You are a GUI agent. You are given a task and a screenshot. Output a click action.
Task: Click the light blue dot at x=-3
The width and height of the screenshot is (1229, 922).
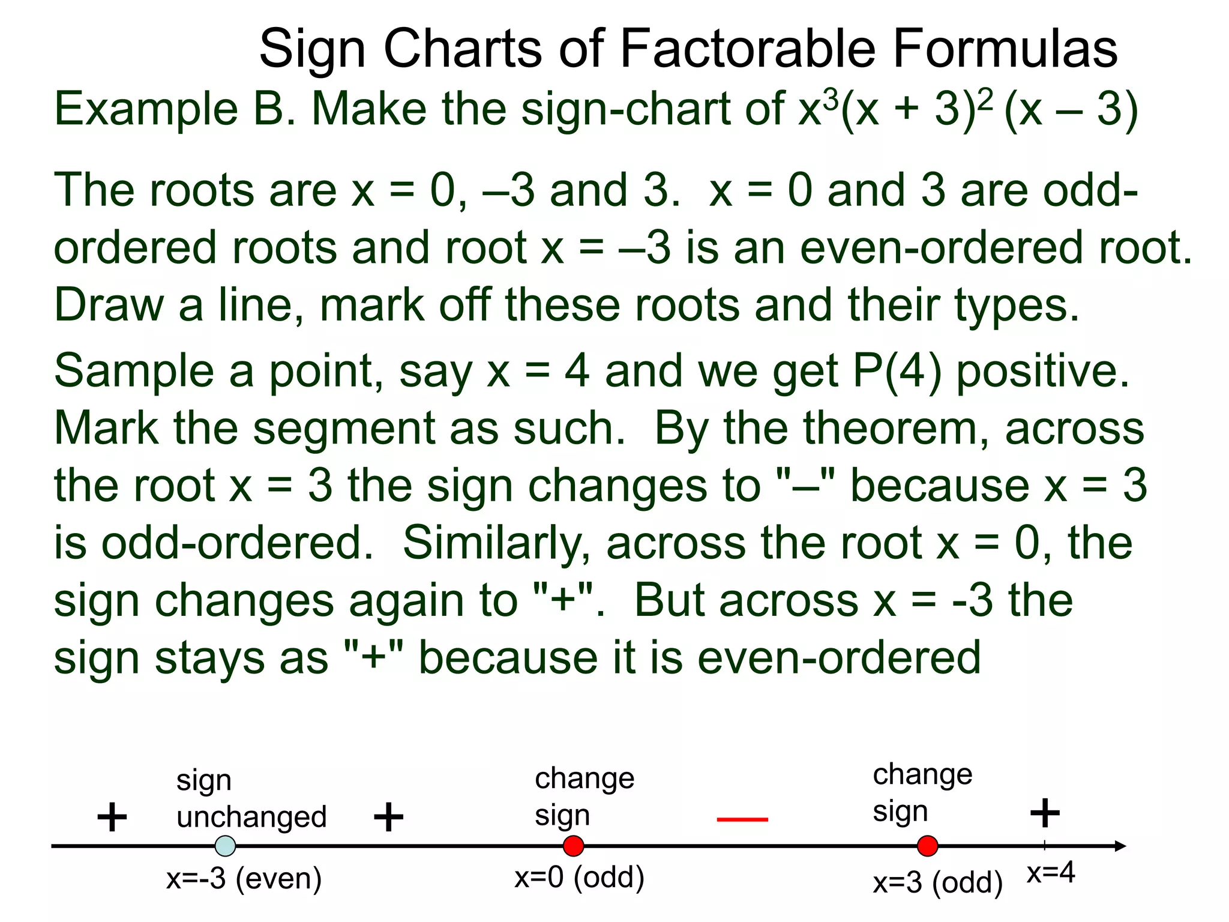point(225,846)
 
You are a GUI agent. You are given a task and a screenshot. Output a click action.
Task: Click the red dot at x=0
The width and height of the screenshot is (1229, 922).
point(573,846)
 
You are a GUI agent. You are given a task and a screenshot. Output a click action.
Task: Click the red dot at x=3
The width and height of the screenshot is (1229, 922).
point(927,846)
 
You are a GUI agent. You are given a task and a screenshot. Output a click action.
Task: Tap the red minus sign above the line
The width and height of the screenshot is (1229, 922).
point(742,819)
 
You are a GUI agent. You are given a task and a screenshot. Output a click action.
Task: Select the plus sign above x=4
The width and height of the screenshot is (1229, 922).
point(1045,813)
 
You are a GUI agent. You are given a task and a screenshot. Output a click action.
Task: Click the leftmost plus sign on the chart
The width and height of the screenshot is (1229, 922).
point(112,817)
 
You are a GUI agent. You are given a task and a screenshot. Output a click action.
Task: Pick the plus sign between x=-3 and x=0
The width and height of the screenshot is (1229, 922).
point(388,817)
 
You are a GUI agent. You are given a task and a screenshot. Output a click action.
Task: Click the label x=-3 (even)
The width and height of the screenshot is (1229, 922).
point(244,879)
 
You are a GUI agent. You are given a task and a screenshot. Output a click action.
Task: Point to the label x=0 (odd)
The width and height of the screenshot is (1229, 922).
point(579,877)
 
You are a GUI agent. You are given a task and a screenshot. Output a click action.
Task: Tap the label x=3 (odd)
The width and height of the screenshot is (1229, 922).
point(937,882)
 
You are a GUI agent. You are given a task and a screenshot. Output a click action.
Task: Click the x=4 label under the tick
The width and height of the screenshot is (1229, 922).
point(1051,873)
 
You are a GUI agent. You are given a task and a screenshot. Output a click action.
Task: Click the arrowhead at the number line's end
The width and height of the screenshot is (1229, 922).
point(1120,846)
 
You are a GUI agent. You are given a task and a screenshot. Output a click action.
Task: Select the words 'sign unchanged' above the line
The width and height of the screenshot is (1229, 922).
point(251,799)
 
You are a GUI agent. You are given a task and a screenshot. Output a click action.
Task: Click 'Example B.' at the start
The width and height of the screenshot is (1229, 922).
point(175,109)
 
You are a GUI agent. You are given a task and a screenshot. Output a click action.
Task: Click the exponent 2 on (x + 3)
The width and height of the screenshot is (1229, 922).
point(985,98)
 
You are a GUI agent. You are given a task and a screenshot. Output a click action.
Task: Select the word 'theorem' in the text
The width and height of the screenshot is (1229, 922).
point(854,428)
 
